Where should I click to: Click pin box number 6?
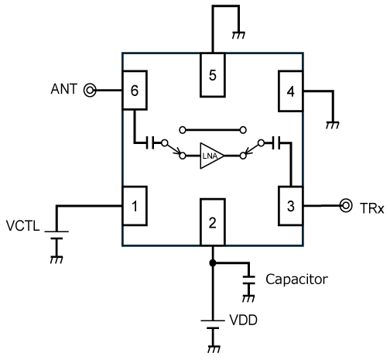[135, 91]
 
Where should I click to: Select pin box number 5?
[213, 75]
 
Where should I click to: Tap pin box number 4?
[291, 91]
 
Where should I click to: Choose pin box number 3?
[291, 206]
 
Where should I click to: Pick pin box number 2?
[213, 222]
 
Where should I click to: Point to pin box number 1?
[135, 206]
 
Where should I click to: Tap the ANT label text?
[64, 89]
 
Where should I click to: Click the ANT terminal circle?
[90, 91]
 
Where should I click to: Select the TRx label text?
[371, 208]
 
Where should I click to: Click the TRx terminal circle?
[346, 206]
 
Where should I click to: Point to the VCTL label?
[23, 226]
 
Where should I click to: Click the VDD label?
[243, 320]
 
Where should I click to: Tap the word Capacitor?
[296, 279]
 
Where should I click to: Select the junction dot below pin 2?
[213, 263]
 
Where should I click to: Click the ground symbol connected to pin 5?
[238, 35]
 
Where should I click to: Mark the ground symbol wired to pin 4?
[333, 125]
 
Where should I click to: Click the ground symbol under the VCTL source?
[56, 259]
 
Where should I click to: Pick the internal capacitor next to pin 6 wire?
[150, 142]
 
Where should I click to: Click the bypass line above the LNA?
[213, 130]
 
